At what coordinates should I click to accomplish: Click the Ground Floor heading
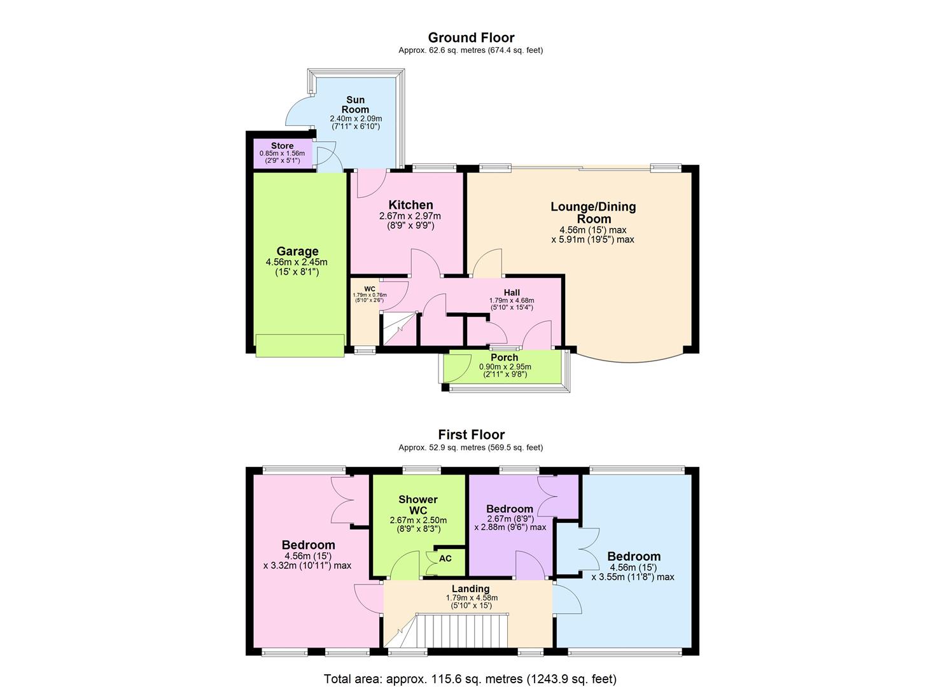tap(471, 38)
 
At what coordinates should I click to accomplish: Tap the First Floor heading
tap(471, 434)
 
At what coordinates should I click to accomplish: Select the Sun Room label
tap(355, 104)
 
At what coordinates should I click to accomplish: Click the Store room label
tap(282, 146)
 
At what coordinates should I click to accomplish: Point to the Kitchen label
tap(410, 205)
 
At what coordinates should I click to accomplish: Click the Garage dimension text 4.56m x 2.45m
tap(297, 262)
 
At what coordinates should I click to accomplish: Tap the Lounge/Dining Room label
tap(592, 212)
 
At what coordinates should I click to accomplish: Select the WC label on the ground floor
tap(370, 289)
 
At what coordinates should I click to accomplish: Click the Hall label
tap(512, 293)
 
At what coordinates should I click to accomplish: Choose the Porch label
tap(504, 357)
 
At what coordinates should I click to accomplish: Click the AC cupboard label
tap(445, 559)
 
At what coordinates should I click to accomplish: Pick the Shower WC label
tap(418, 505)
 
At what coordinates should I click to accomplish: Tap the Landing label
tap(470, 588)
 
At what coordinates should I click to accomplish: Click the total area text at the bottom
tap(470, 679)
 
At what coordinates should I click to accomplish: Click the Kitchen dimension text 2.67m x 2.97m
tap(410, 216)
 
